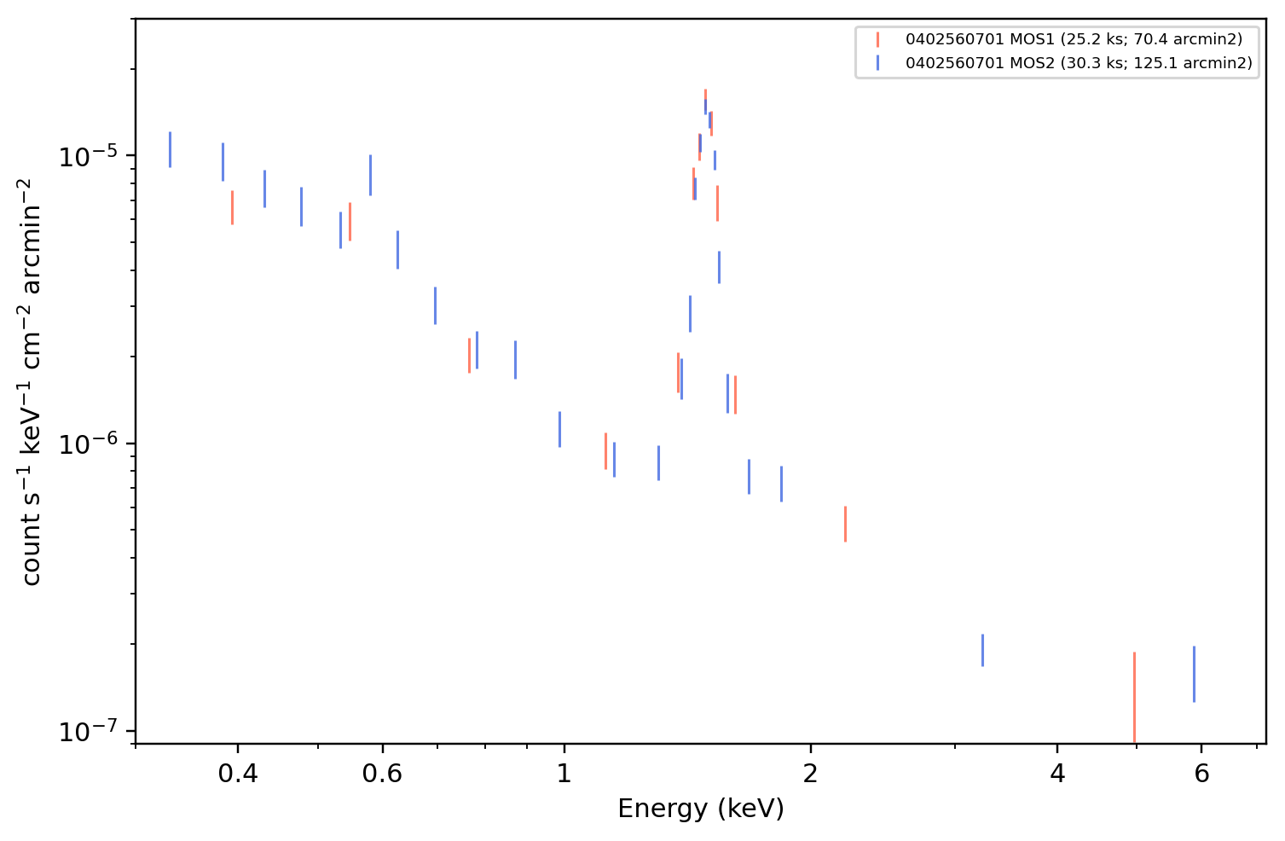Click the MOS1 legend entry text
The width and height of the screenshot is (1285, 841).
1074,39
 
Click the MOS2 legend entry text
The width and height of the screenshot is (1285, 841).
1079,63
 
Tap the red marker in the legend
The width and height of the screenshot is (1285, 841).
877,39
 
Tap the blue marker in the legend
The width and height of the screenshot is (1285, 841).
877,63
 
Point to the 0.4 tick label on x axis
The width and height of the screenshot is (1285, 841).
238,774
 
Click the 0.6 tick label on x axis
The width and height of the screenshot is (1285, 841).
382,774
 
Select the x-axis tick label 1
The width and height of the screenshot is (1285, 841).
564,774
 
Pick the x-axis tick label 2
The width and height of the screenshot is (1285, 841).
811,774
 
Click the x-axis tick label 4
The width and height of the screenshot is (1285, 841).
1057,774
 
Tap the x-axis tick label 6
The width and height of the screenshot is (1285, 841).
1201,774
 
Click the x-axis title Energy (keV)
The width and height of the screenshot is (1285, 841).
700,809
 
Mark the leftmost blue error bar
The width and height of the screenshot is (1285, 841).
170,150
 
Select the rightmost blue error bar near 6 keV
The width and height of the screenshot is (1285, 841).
1195,674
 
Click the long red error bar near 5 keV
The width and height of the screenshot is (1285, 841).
1134,698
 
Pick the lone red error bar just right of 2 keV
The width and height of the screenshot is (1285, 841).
845,524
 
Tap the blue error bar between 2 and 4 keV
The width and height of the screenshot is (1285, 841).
982,650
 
